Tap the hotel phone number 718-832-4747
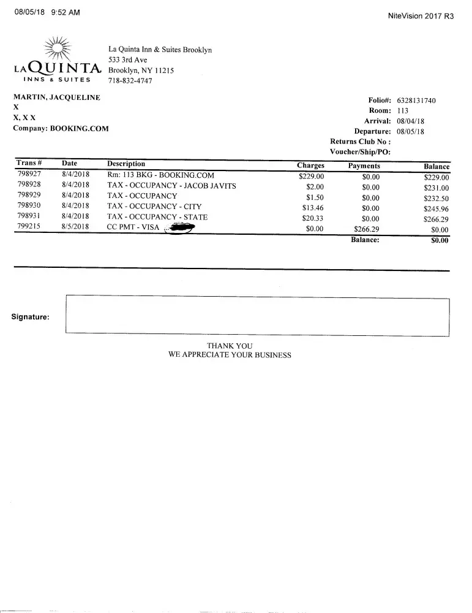point(130,80)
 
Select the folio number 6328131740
point(416,101)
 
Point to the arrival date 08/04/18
point(411,121)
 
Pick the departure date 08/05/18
point(411,131)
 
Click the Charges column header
point(310,166)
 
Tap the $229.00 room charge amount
point(311,177)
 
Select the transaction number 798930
point(29,206)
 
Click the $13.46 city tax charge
point(313,208)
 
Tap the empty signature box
point(257,315)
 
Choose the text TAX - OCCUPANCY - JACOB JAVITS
point(171,185)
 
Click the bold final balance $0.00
point(439,240)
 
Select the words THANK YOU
point(230,346)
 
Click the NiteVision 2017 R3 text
point(421,17)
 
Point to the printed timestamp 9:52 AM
point(66,13)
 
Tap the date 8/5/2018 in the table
point(76,227)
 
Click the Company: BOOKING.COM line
point(61,129)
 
